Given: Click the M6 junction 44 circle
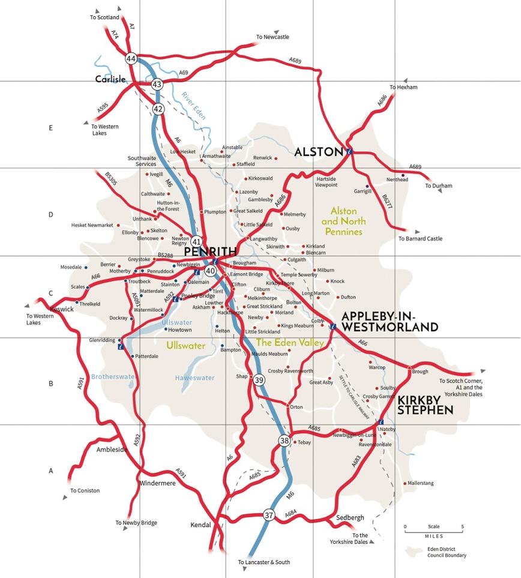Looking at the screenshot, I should (x=131, y=59).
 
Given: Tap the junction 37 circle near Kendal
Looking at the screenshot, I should (x=269, y=515).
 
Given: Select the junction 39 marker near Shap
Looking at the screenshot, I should (x=259, y=380).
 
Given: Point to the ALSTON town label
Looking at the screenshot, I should (x=318, y=152).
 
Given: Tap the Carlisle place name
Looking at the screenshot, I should (x=110, y=79).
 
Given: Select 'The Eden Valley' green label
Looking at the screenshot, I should (x=290, y=342).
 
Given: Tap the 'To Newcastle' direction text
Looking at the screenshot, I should (x=273, y=37).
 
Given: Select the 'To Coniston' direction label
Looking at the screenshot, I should (x=84, y=490).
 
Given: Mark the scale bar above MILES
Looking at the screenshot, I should (x=433, y=531).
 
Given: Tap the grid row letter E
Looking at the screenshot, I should (x=51, y=128).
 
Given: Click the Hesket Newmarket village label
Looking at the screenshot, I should (x=92, y=225).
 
